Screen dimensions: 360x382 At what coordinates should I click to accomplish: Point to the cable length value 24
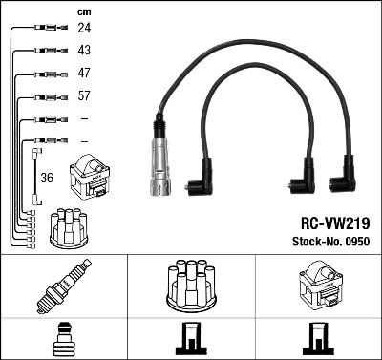tap(83, 28)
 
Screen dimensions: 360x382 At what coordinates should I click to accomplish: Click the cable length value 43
tap(83, 51)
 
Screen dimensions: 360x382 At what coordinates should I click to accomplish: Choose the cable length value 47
tap(83, 74)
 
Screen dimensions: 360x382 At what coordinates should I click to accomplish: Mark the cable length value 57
tap(83, 96)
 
